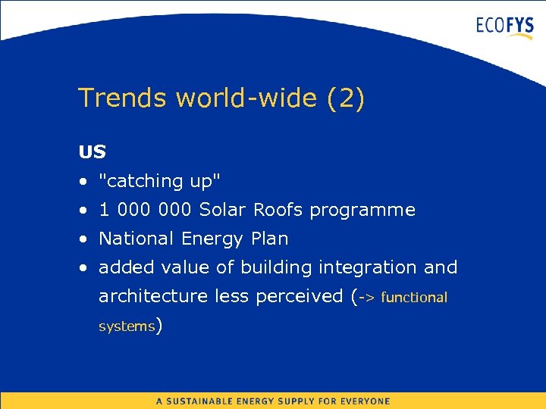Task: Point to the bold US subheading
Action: (x=92, y=151)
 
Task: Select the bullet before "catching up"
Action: (x=82, y=182)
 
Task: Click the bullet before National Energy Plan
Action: (x=82, y=239)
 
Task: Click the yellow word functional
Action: (x=414, y=298)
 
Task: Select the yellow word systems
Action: (x=127, y=326)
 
